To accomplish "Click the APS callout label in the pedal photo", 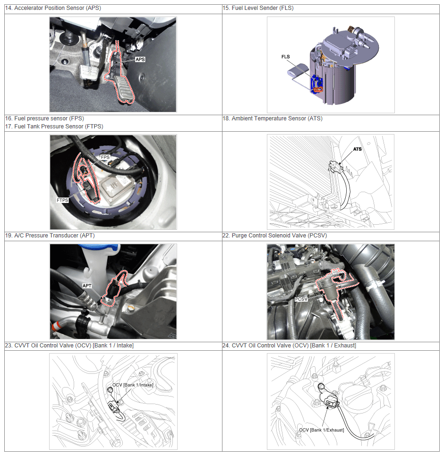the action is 140,59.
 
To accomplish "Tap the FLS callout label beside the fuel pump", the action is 285,57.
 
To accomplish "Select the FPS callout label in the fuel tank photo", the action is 105,157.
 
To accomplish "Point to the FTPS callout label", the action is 62,200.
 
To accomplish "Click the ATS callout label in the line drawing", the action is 357,149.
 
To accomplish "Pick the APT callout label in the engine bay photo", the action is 87,286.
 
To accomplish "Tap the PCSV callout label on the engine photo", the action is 301,299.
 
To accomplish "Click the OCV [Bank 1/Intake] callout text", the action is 133,385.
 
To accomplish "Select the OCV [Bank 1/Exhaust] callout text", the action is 322,430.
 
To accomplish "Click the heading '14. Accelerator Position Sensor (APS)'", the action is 53,8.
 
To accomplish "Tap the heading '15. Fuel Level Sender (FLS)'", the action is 258,8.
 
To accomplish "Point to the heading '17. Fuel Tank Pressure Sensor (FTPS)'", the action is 54,127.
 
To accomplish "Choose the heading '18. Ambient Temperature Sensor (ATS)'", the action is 273,118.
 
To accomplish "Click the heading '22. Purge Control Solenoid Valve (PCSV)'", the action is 274,236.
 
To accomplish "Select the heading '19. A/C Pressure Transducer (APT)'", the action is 50,236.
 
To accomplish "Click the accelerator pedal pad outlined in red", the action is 124,89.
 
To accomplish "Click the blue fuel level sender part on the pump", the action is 316,84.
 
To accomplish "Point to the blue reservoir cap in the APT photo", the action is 99,247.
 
